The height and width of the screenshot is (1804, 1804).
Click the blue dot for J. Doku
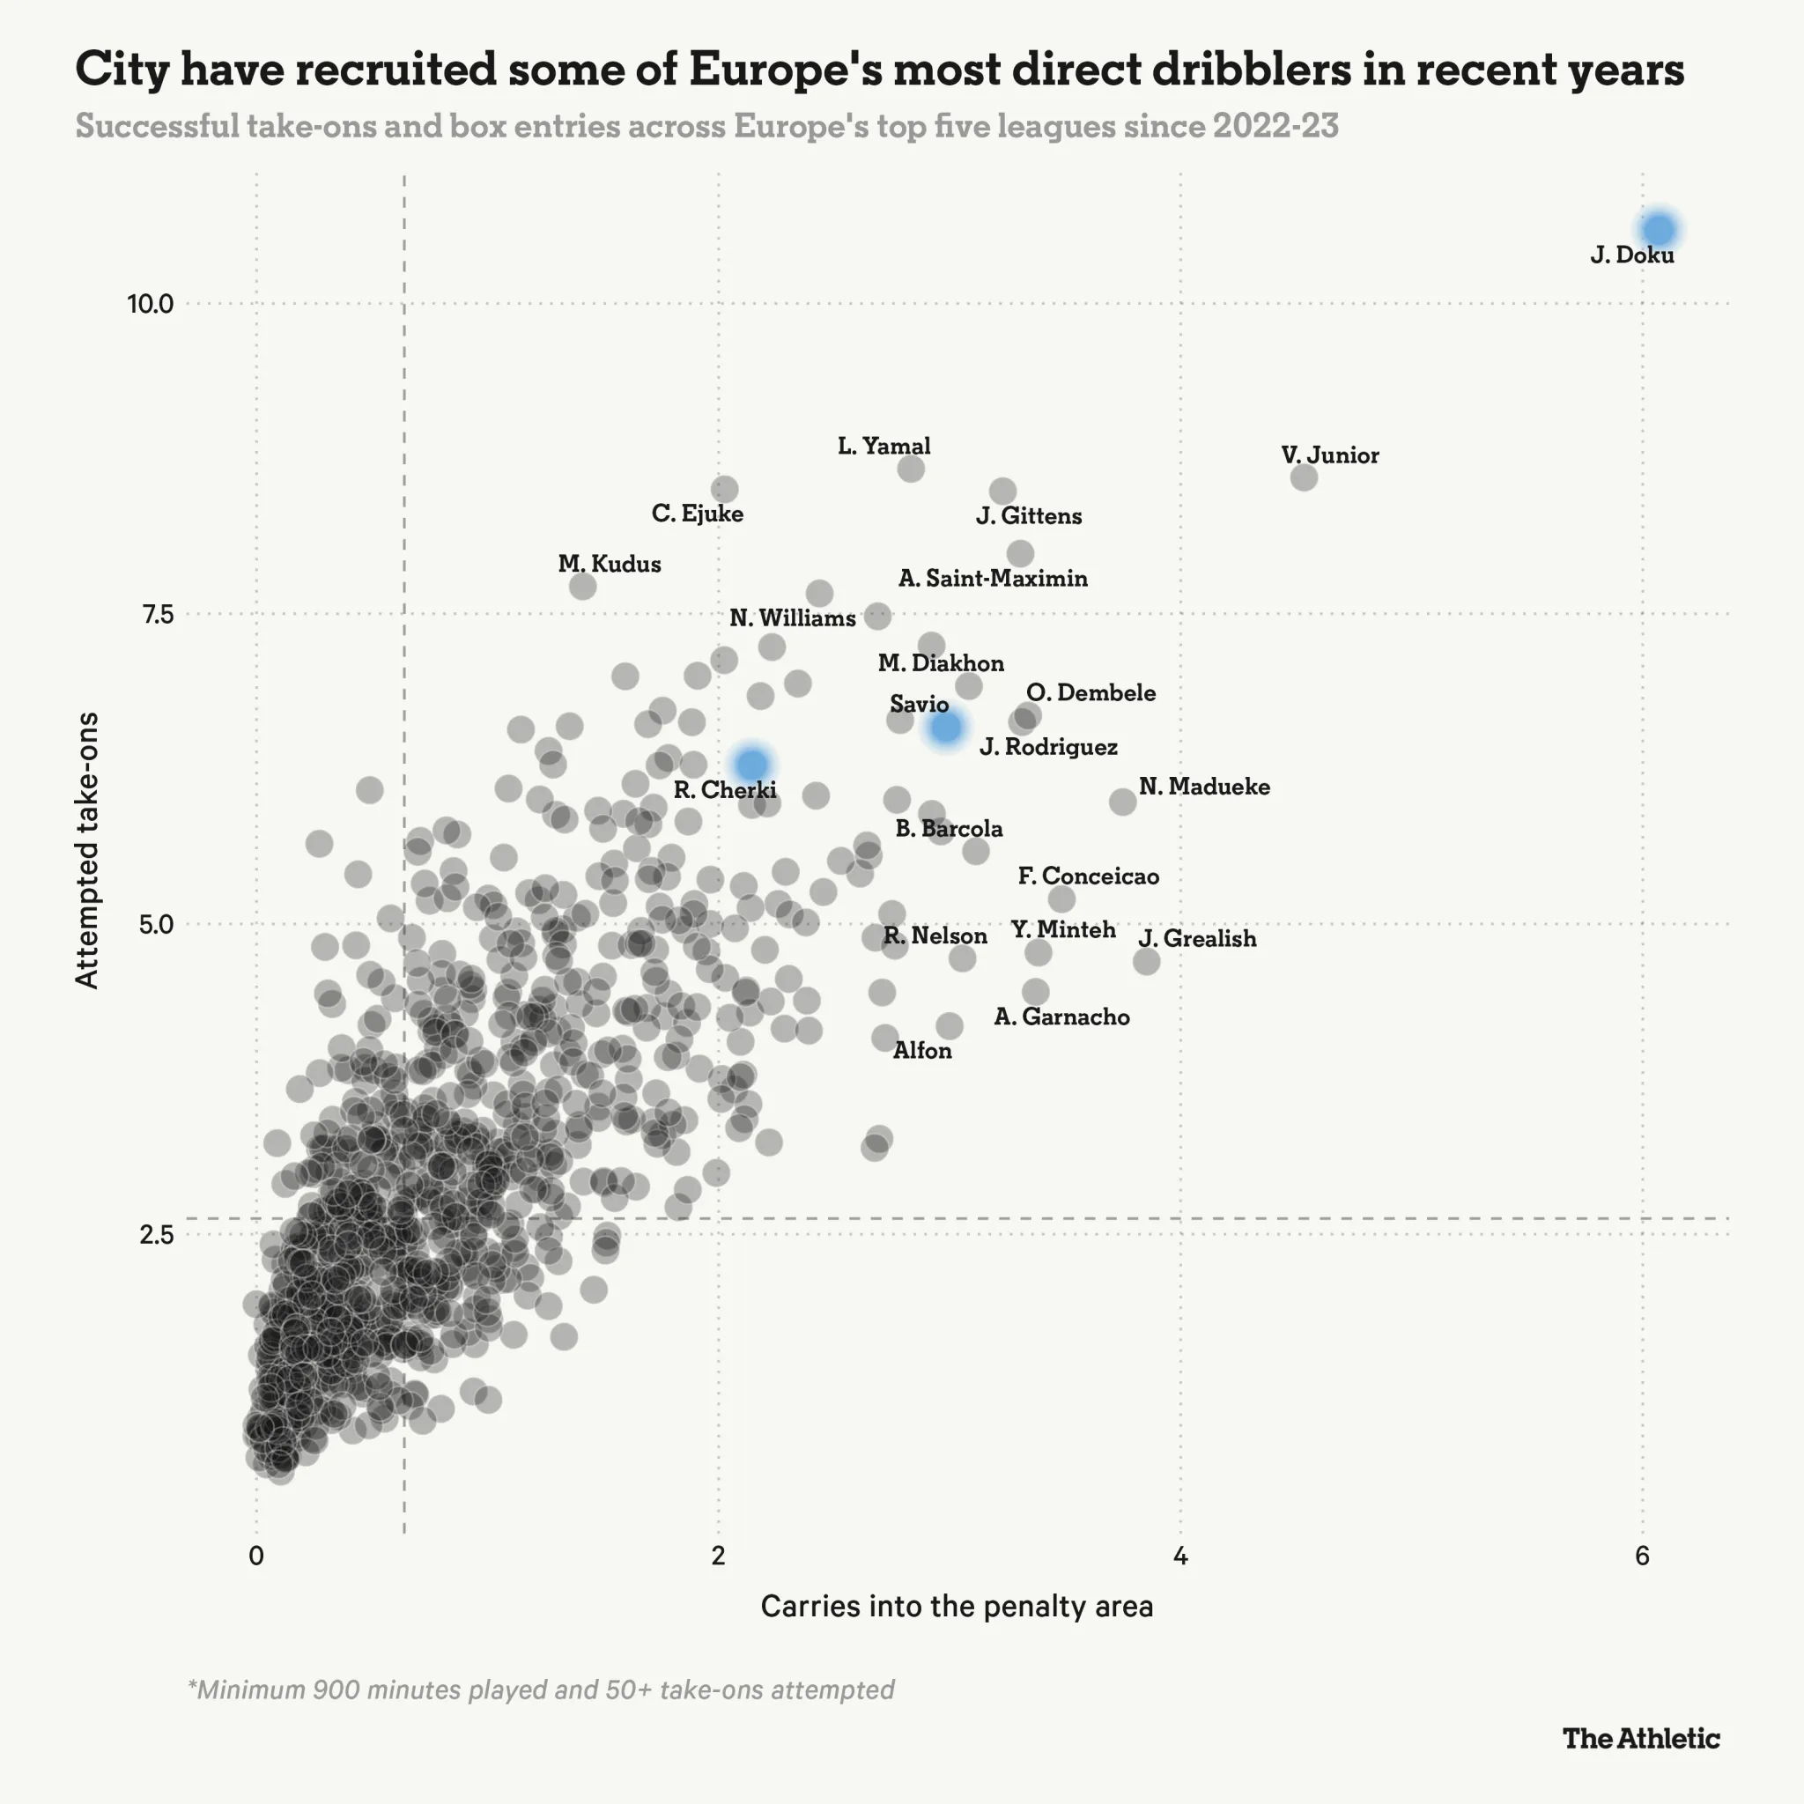pos(1660,229)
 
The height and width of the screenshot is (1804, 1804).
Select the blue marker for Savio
pos(946,727)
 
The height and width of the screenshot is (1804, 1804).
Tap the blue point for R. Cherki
pos(751,764)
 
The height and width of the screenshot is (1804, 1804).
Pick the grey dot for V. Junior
pos(1304,477)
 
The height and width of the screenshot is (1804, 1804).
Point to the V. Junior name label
pos(1329,455)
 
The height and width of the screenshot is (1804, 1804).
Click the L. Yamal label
pos(884,447)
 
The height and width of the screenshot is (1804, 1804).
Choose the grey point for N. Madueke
pos(1122,802)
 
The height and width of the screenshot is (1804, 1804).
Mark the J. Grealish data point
pos(1147,961)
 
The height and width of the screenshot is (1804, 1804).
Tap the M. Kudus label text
pos(609,564)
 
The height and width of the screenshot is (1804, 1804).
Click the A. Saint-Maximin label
pos(993,579)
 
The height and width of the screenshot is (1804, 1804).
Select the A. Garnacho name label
pos(1061,1017)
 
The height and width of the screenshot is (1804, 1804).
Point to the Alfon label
pos(921,1051)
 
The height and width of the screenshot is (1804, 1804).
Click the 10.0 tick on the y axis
pos(151,304)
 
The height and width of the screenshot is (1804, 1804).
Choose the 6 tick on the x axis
pos(1642,1556)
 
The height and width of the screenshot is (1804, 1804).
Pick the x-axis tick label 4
pos(1180,1556)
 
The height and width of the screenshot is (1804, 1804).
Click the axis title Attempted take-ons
pos(87,850)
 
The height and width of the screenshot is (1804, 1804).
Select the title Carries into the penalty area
pos(956,1606)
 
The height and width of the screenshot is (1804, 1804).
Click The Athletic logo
pos(1640,1738)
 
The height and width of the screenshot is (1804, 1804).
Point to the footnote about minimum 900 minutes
pos(541,1689)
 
